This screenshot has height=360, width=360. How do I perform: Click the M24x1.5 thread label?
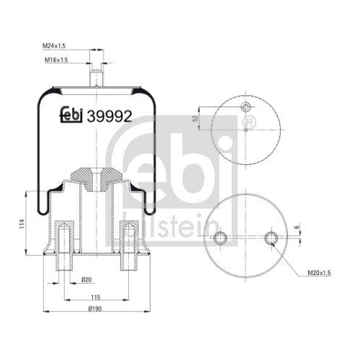point(54,46)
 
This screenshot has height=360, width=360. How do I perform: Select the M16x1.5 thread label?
point(56,60)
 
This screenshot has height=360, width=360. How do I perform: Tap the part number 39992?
point(109,117)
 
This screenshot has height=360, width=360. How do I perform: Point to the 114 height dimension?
point(22,223)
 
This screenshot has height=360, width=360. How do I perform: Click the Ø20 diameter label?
point(86,279)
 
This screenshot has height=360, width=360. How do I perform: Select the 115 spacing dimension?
point(95,297)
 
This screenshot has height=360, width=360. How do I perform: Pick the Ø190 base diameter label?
point(95,309)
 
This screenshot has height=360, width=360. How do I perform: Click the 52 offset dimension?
point(195,118)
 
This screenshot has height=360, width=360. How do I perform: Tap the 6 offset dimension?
point(297,227)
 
